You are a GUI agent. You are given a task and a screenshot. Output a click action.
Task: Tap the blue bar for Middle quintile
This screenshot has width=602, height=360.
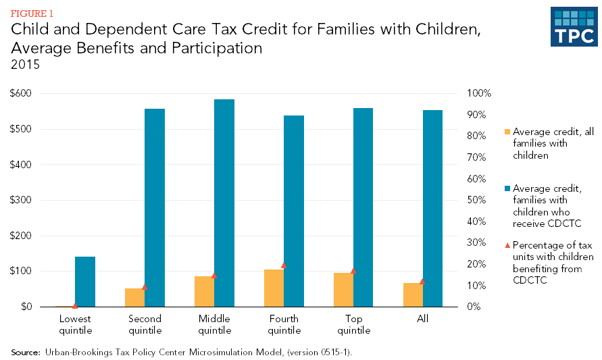[224, 203]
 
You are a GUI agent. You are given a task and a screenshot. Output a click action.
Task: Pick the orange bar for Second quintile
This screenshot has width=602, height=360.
[134, 297]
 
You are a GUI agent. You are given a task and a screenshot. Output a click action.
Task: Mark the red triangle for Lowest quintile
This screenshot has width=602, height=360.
[75, 305]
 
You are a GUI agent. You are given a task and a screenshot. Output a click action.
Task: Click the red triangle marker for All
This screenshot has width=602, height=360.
[423, 281]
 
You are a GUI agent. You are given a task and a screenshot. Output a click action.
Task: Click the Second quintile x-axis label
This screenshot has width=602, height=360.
[145, 324]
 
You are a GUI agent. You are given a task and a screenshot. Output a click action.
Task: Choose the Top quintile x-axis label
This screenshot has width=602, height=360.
[353, 324]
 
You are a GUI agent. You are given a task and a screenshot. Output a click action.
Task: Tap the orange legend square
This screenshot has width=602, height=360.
[507, 132]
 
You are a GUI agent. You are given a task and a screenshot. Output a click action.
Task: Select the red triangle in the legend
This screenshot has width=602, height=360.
[507, 245]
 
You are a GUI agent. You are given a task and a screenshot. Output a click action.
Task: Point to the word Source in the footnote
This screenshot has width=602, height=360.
[25, 352]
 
